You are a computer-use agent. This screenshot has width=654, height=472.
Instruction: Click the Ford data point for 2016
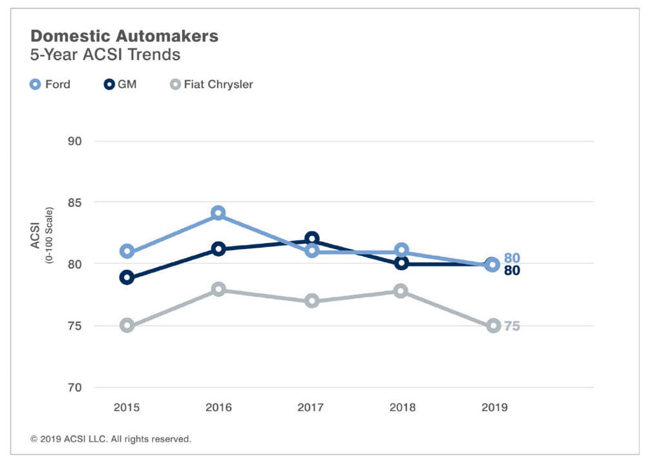(218, 213)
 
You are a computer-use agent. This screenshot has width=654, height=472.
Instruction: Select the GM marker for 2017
(312, 239)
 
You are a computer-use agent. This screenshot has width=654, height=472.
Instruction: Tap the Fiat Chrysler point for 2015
(127, 325)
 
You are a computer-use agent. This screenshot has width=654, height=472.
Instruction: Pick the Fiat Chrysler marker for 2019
(493, 325)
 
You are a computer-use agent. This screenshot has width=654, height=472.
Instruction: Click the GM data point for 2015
(127, 277)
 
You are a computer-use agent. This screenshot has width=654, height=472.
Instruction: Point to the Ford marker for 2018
(401, 250)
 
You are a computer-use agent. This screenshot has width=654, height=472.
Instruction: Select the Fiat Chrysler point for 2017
(312, 301)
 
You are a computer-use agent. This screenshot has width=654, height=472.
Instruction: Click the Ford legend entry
(50, 84)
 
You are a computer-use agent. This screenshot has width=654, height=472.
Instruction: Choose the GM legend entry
(121, 84)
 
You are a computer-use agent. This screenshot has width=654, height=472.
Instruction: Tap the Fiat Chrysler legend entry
(211, 84)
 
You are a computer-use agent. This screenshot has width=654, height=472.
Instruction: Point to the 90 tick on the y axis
(76, 142)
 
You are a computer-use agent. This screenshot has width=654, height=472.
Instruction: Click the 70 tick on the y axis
(76, 387)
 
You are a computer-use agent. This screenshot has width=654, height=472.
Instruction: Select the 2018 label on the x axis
(402, 407)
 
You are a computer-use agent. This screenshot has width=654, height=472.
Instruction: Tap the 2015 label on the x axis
(127, 407)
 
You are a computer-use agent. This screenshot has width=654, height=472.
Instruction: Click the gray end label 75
(512, 327)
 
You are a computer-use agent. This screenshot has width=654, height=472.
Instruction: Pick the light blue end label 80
(512, 259)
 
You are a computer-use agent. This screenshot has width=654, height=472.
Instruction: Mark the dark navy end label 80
(512, 271)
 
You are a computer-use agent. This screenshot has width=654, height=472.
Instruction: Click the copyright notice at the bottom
(111, 439)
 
